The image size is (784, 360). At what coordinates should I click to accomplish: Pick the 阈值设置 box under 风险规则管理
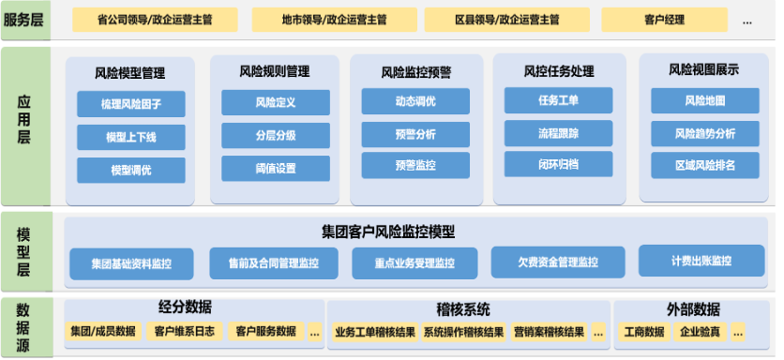click(x=275, y=169)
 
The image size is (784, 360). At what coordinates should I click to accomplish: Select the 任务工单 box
click(x=558, y=100)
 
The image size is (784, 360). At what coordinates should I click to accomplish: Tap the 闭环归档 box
click(x=558, y=164)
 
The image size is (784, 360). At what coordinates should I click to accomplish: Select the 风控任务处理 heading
click(x=559, y=71)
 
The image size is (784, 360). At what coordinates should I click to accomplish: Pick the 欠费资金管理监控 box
click(x=545, y=262)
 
